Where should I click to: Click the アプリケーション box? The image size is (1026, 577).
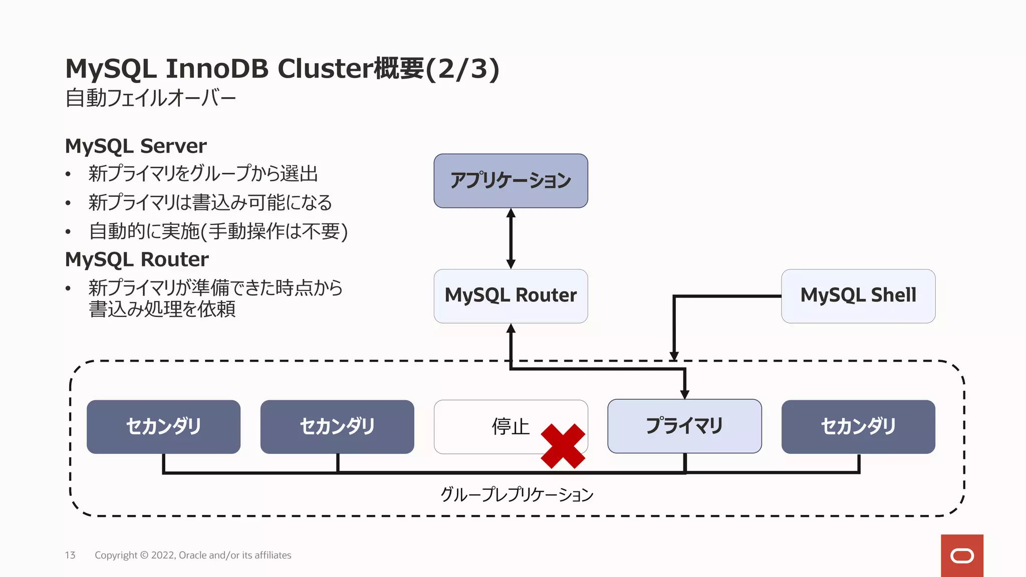(x=510, y=181)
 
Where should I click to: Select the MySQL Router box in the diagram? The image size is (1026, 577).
(x=510, y=296)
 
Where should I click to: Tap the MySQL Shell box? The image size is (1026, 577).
(x=858, y=296)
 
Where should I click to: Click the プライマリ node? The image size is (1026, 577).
(x=684, y=426)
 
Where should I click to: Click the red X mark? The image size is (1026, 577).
(x=563, y=446)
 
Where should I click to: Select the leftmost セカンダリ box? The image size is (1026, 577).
(x=163, y=427)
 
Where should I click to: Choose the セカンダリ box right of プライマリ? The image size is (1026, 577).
(x=858, y=427)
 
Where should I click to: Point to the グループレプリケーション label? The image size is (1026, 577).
(x=517, y=495)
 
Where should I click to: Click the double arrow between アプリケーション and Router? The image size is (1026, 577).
(x=510, y=238)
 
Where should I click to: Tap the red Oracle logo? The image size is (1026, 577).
(x=961, y=555)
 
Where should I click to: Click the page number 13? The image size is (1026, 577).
(x=70, y=555)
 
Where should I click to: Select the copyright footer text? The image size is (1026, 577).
(x=193, y=555)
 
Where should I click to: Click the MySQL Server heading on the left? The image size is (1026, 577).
(x=136, y=146)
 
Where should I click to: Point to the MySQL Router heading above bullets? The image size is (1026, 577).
(x=137, y=259)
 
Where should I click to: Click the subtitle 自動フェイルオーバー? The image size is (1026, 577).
(x=150, y=98)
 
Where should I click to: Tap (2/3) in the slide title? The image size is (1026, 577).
(x=462, y=69)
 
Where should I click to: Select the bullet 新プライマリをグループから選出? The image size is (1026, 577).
(x=203, y=174)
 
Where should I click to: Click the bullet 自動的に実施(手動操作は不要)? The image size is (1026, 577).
(x=218, y=231)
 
